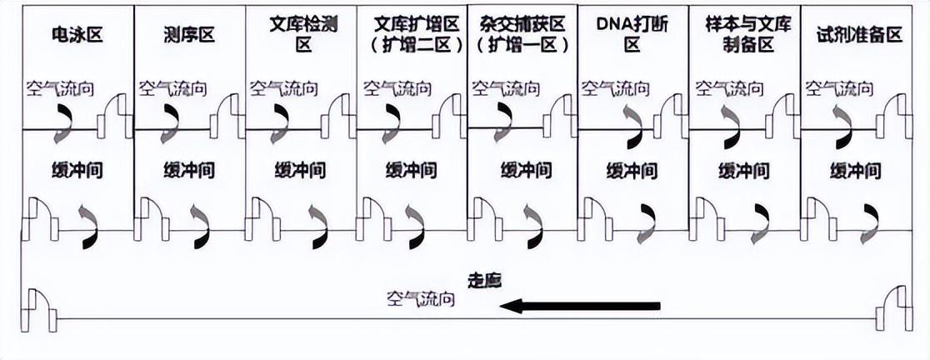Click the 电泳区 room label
77,35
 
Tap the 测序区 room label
189,35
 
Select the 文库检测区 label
300,35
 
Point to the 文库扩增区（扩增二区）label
412,35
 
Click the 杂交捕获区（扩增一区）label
522,35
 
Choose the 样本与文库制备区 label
744,35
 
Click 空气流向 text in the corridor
421,297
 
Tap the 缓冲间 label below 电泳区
77,172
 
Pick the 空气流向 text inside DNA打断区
615,87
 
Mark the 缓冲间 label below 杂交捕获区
525,172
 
